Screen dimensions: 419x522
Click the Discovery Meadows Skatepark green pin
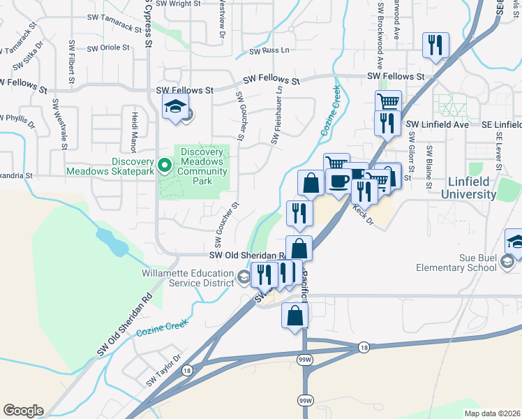[165, 166]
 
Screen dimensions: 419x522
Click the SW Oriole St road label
[108, 48]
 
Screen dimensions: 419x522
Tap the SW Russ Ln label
[269, 51]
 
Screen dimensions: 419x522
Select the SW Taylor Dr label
[164, 378]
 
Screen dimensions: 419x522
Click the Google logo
[22, 411]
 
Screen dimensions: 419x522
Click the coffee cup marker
[339, 181]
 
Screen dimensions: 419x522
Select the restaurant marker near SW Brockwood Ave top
[435, 45]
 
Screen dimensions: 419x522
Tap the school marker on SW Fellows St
[175, 106]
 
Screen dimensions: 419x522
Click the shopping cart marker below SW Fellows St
[388, 102]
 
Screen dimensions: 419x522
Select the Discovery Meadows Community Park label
[202, 166]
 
